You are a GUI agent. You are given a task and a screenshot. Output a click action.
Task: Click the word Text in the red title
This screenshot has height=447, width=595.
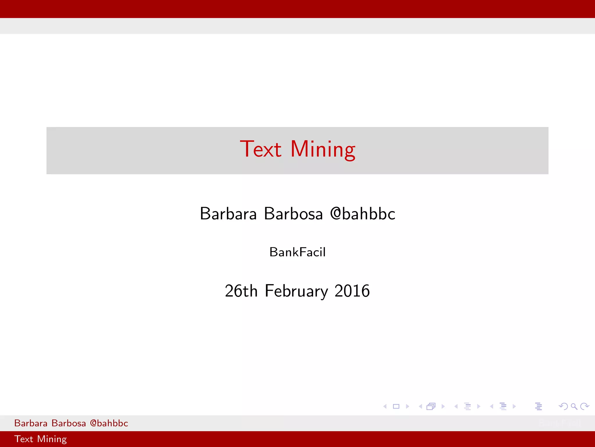coord(260,149)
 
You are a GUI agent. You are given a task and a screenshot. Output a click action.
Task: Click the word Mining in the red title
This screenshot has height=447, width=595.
coord(322,150)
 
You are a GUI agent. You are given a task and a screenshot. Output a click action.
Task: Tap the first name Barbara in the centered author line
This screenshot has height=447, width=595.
coord(228,214)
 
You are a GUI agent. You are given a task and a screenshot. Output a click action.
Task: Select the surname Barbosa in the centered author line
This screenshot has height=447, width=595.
coord(293,214)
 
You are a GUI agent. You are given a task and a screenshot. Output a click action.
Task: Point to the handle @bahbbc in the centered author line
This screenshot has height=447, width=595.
coord(363,214)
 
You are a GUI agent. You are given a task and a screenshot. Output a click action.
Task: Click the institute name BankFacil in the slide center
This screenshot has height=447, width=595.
coord(297,252)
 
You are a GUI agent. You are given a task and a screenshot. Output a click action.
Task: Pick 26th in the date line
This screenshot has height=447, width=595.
coord(241,291)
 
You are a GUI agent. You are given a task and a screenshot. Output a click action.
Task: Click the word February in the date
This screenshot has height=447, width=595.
coord(296,291)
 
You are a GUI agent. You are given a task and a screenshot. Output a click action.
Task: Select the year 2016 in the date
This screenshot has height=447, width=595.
coord(352,291)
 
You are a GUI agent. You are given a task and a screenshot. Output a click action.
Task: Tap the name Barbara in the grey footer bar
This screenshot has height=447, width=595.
coord(31,423)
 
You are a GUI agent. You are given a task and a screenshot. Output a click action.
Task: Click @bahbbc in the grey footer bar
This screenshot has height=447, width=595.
coord(109,423)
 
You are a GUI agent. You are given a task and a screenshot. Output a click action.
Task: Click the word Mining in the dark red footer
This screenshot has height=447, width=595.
coord(52,439)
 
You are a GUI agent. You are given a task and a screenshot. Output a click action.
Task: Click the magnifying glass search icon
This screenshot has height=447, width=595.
coord(574,406)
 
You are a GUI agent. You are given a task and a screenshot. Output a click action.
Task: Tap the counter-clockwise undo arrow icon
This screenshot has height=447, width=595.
coord(563,406)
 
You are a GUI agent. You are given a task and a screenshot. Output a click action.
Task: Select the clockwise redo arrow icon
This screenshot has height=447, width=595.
coord(585,406)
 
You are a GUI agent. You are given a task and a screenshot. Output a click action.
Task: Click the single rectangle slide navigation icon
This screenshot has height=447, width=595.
coord(396,406)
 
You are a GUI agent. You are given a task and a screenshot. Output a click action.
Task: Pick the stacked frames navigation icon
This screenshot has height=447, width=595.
coord(431,406)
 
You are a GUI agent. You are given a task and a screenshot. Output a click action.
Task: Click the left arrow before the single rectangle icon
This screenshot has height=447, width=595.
coord(385,406)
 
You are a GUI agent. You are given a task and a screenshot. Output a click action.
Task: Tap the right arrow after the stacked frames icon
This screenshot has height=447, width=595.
coord(443,406)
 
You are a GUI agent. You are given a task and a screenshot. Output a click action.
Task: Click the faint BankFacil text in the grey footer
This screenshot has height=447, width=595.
coord(560,423)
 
